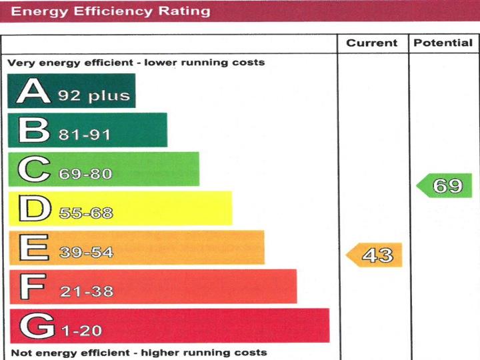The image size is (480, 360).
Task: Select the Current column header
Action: [372, 43]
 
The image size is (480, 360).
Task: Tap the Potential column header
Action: [443, 43]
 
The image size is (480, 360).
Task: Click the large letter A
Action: [33, 91]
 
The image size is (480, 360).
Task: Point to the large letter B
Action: [33, 130]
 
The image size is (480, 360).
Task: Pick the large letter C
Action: [33, 169]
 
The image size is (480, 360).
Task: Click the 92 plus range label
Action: [93, 96]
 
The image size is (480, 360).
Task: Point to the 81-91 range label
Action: [85, 135]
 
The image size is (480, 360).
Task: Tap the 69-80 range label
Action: [85, 174]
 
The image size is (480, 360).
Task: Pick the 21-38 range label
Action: [86, 291]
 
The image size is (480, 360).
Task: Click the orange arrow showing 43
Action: [375, 255]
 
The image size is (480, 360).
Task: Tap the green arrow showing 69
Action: [445, 185]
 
